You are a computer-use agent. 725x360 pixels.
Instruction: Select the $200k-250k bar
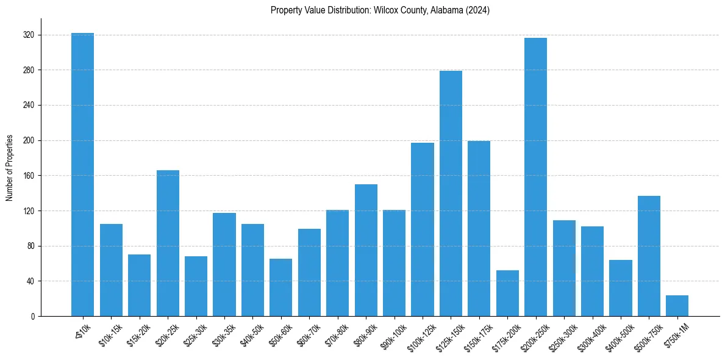[535, 177]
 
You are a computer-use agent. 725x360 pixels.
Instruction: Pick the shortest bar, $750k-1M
[677, 306]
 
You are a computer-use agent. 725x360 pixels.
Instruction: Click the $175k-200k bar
[507, 293]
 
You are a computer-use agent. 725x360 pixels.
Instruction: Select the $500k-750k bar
[649, 256]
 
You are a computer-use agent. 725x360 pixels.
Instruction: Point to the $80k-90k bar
[366, 250]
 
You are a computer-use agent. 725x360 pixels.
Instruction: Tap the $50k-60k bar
[281, 287]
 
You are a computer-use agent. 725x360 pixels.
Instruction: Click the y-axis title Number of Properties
[9, 168]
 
